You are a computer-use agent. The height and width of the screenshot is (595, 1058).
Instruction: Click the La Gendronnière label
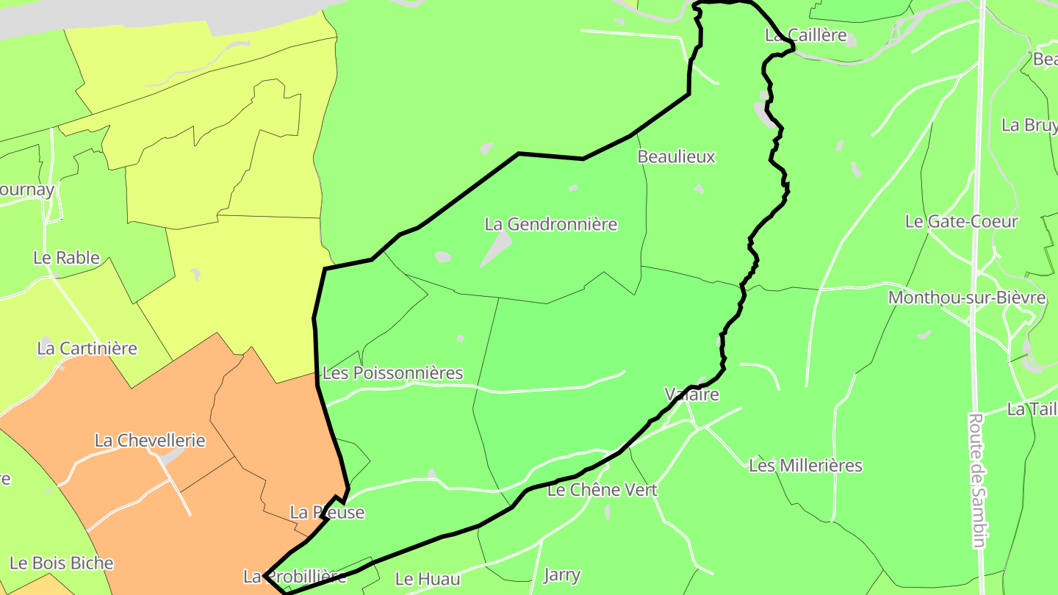tap(551, 224)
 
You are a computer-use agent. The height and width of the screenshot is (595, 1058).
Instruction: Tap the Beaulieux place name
tap(676, 156)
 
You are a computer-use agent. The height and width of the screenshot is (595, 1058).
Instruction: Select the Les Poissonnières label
tap(393, 373)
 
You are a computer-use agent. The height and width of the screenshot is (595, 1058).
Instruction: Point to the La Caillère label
tap(805, 35)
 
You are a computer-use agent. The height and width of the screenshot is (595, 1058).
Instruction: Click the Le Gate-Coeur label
tap(961, 221)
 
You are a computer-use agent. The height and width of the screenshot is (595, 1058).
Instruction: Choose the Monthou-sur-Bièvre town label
tap(966, 297)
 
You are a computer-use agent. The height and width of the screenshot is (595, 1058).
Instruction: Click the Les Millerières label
tap(805, 465)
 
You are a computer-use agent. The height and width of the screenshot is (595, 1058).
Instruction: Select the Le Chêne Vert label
tap(602, 489)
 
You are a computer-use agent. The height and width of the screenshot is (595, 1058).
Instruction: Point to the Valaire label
tap(691, 394)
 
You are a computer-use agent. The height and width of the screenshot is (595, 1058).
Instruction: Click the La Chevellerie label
tap(150, 440)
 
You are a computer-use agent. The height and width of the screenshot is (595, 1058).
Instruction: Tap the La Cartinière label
tap(87, 347)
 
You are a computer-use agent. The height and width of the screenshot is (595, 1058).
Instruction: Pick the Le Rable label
tap(66, 257)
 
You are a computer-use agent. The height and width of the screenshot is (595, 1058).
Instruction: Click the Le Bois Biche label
tap(62, 563)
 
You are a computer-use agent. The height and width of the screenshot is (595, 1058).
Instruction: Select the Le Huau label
tap(428, 578)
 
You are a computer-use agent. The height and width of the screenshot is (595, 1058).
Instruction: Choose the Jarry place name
tap(561, 574)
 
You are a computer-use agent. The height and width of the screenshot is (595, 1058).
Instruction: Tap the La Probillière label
tap(295, 576)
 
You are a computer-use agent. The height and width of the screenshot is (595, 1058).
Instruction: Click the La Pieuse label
tap(327, 512)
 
